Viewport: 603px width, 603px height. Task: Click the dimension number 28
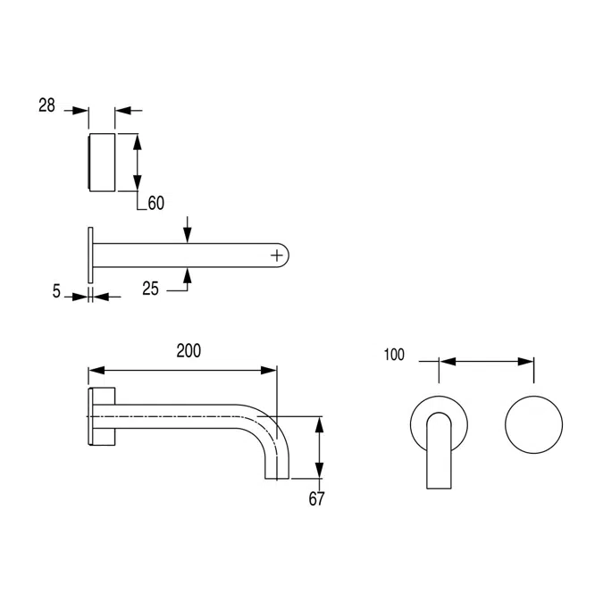coord(46,105)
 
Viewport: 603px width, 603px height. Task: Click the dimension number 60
coord(155,204)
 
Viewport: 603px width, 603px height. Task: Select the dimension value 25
coord(151,288)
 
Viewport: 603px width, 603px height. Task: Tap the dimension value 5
coord(56,291)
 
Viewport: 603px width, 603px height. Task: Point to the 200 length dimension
coord(188,351)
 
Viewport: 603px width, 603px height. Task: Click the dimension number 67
coord(316,498)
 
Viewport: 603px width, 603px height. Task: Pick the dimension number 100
coord(394,355)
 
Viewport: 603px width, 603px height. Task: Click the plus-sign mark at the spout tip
coord(279,255)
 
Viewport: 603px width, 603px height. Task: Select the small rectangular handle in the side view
coord(102,162)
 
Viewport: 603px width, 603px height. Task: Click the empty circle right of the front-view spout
coord(534,421)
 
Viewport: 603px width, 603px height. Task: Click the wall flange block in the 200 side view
coord(102,416)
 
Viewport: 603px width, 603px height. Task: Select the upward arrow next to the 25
coord(187,278)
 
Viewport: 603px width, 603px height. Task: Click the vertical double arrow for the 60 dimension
coord(137,162)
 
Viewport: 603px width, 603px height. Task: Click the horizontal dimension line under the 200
coord(182,369)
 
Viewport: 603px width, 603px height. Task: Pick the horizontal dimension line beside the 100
coord(488,362)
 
